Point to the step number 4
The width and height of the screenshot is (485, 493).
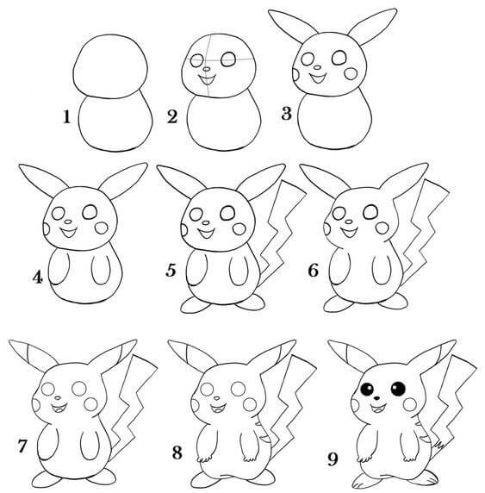[x=38, y=278]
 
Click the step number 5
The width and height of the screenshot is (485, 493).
[x=171, y=273]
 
